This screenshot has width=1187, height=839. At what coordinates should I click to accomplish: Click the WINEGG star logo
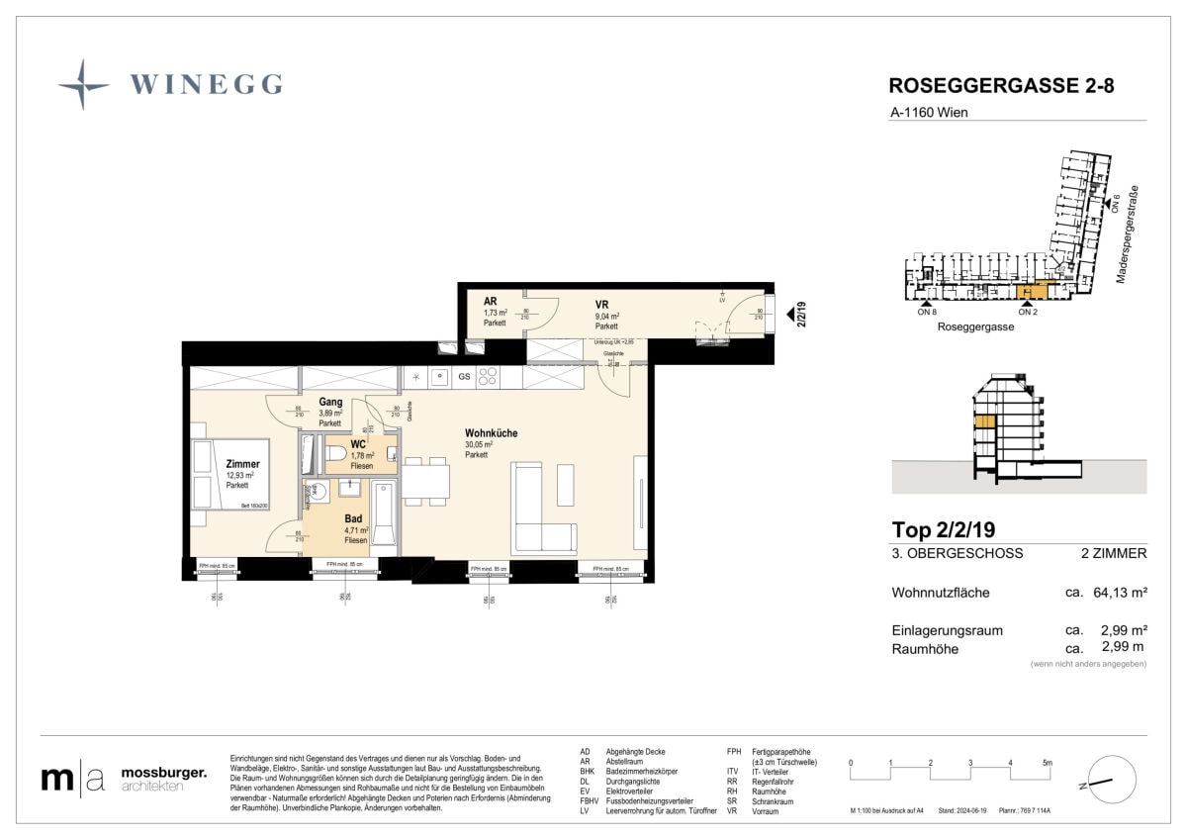tap(83, 84)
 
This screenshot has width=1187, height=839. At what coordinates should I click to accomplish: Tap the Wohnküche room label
tap(491, 433)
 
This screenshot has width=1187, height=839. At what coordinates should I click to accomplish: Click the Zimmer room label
tap(242, 464)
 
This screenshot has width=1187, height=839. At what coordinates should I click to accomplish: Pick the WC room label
tap(357, 445)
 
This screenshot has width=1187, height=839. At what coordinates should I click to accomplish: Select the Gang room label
tap(330, 403)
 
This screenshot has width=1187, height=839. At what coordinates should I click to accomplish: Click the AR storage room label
tap(490, 302)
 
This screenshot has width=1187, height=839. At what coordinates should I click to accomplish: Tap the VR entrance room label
tap(601, 305)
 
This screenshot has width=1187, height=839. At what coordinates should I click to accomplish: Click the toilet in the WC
tap(334, 453)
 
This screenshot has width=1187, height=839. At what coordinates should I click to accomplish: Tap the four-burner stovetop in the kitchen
tap(488, 376)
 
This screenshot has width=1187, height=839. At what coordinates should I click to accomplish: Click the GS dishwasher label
tap(463, 377)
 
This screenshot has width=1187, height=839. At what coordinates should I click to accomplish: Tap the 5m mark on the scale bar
tap(1048, 763)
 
